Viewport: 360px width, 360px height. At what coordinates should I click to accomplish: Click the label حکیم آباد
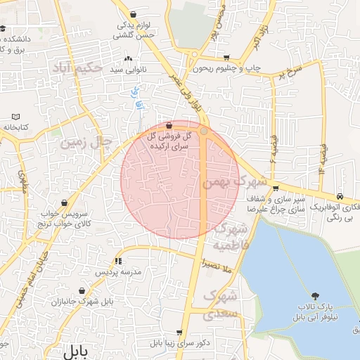pyautogui.click(x=77, y=68)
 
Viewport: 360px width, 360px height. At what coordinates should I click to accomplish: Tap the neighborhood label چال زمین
pyautogui.click(x=86, y=142)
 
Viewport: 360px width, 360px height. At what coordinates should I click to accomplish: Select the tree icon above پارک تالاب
pyautogui.click(x=315, y=296)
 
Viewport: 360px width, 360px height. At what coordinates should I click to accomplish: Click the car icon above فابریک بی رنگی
pyautogui.click(x=340, y=195)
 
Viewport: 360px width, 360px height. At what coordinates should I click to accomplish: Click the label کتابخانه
pyautogui.click(x=14, y=127)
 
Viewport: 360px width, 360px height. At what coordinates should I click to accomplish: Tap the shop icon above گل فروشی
pyautogui.click(x=168, y=124)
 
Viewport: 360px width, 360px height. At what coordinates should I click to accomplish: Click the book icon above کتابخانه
pyautogui.click(x=15, y=116)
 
